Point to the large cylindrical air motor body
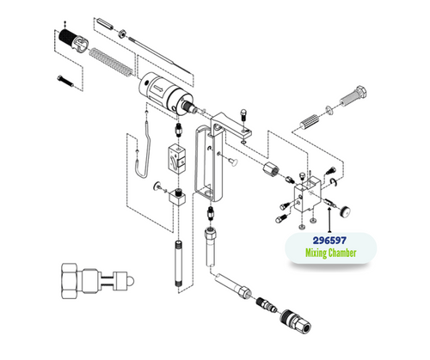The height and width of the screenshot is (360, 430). [x=164, y=89]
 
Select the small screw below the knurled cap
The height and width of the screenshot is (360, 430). [x=66, y=81]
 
